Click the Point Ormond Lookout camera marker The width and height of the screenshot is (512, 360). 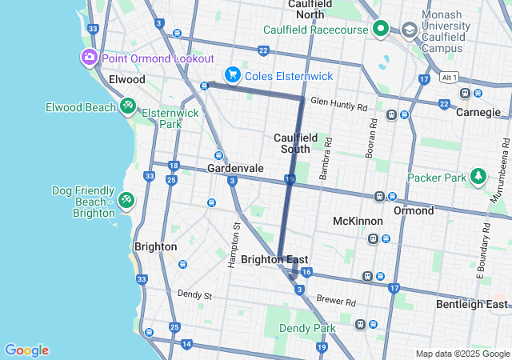[88, 58]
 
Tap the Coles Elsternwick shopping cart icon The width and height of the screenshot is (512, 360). [232, 74]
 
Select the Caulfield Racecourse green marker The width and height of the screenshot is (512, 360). [381, 30]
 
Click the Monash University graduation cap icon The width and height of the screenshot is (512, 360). [410, 30]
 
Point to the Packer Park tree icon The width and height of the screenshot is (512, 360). [478, 175]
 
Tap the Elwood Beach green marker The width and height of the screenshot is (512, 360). [127, 106]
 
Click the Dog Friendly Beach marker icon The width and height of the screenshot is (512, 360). [126, 199]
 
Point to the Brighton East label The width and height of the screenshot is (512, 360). [274, 259]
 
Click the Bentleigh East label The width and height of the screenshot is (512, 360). [472, 304]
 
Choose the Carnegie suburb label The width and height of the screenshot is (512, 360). [478, 112]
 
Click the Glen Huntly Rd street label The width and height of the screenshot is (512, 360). [338, 106]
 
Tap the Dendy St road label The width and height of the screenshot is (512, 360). [194, 295]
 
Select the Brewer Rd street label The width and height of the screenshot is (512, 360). [335, 300]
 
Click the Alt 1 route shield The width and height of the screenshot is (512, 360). [449, 78]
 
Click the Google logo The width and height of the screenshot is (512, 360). [26, 350]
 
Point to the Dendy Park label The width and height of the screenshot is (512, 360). [307, 328]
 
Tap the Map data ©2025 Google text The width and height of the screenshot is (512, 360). [462, 354]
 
